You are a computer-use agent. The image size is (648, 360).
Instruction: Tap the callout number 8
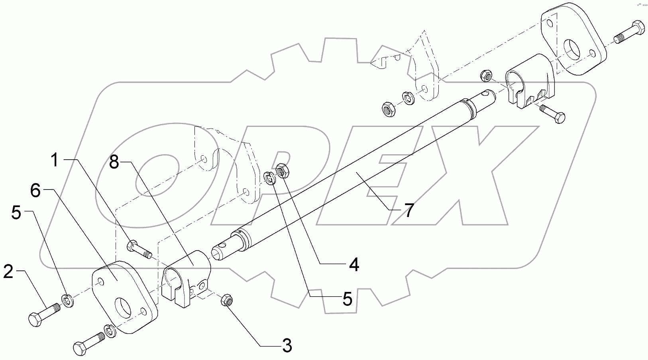click(114, 162)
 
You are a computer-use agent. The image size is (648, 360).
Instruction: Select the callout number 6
click(35, 191)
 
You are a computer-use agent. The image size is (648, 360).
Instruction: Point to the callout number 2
click(9, 272)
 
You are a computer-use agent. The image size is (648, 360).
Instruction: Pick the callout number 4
click(354, 264)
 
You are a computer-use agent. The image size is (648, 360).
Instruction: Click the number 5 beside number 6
click(16, 213)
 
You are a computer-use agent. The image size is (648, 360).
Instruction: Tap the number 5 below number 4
click(347, 299)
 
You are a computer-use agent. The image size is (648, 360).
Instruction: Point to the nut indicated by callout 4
click(283, 170)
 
